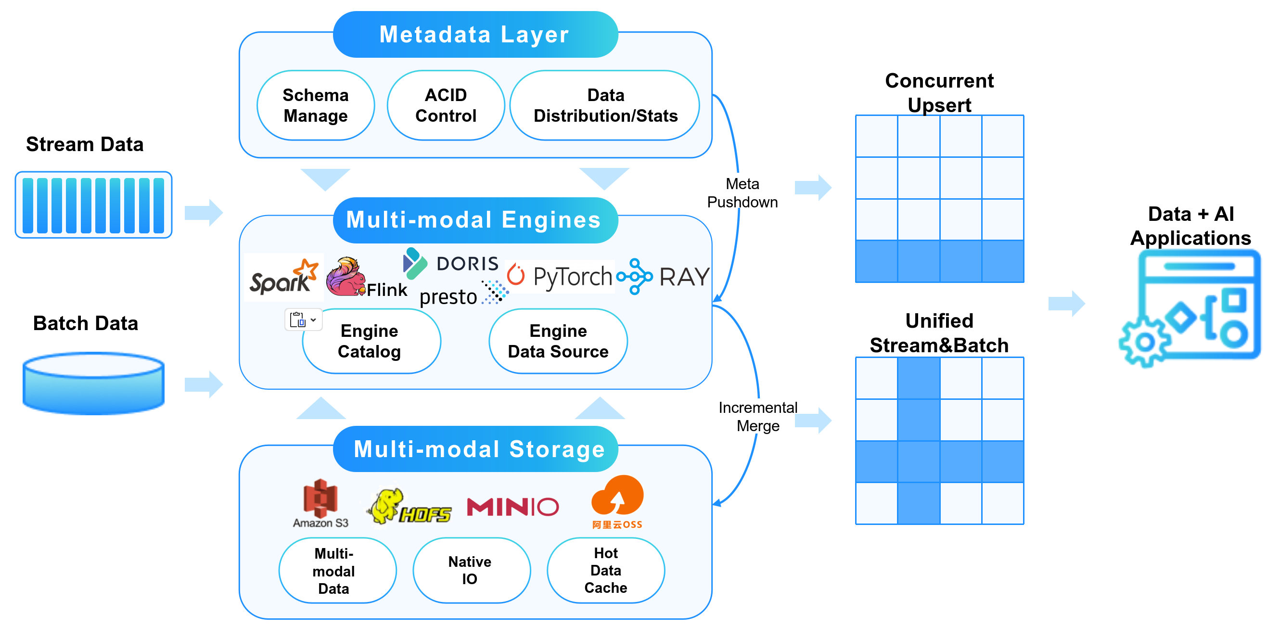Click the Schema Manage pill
coord(316,105)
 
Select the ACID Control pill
coord(446,105)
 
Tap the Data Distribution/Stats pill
coord(605,105)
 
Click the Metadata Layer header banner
coord(475,34)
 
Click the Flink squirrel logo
coord(345,277)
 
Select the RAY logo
coord(664,276)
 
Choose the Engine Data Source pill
coord(558,341)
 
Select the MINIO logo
coord(513,507)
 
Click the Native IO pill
coord(470,570)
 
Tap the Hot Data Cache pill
coord(606,570)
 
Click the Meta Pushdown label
coord(742,193)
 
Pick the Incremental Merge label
coord(758,417)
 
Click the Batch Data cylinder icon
coord(93,383)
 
